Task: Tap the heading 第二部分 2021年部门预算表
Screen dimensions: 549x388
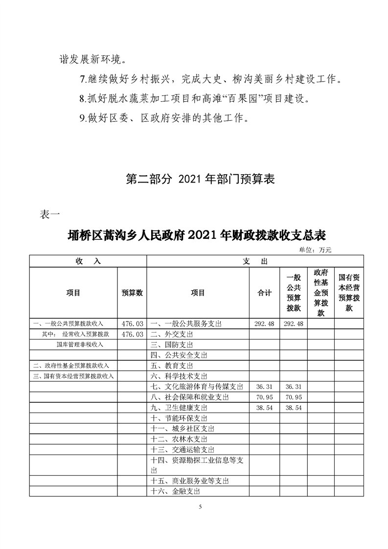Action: point(200,180)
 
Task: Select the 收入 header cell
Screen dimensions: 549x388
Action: point(88,261)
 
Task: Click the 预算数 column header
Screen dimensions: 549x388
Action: point(132,293)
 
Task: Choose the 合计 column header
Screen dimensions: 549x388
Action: point(264,293)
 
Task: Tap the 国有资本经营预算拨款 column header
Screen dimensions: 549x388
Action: point(349,293)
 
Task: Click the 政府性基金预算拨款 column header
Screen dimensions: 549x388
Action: point(321,293)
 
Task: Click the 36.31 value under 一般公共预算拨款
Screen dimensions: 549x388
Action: point(294,387)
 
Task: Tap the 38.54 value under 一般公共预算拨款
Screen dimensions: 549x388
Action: point(294,408)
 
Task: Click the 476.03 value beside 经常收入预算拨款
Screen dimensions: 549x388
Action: point(132,334)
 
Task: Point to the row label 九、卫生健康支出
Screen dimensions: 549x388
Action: point(179,408)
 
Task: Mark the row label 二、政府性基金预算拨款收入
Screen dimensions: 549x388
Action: point(71,366)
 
